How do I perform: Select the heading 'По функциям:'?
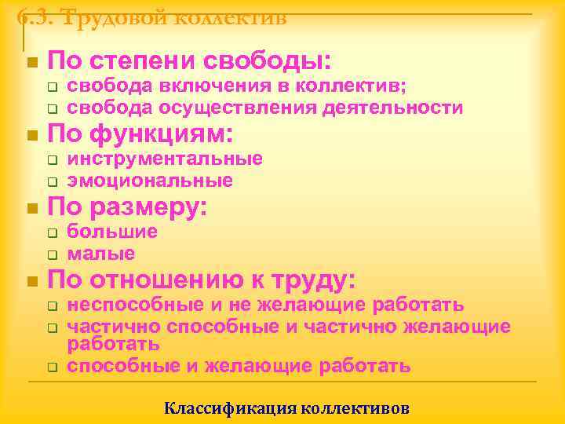pos(140,135)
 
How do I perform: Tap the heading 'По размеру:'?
pos(127,208)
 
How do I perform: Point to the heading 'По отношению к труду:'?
pos(202,281)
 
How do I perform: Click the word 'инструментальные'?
pos(165,159)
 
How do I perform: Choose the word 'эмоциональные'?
pos(150,181)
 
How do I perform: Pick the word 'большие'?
pos(112,232)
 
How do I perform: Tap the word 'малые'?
pos(101,254)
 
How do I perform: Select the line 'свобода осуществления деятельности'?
pos(264,108)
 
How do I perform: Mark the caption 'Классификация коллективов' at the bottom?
pos(286,408)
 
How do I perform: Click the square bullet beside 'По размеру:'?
pos(31,210)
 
